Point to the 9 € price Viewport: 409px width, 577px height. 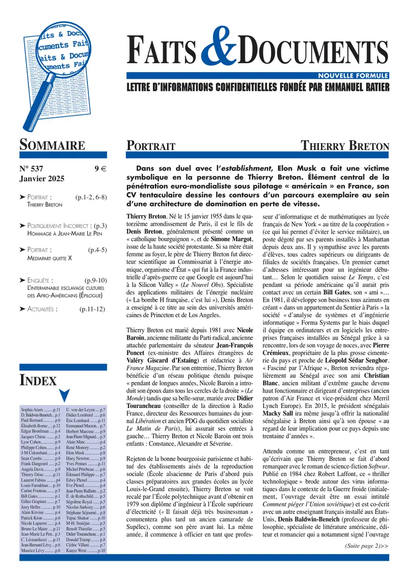[x=100, y=170]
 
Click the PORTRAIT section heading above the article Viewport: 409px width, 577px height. [x=151, y=146]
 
